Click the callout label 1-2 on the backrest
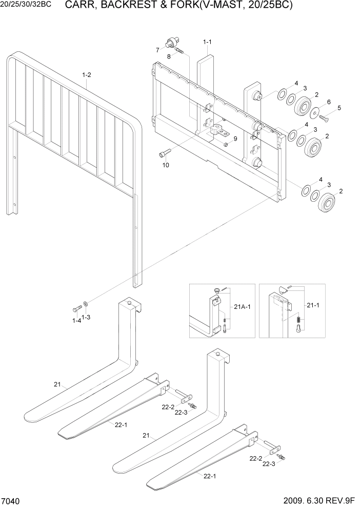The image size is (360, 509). pos(87,75)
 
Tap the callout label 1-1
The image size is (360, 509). pos(207,41)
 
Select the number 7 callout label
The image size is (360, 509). pos(157,50)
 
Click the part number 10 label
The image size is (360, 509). pos(166,165)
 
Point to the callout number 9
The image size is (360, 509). pos(235,139)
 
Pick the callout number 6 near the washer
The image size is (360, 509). pos(329,102)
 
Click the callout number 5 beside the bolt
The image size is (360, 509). pos(338,108)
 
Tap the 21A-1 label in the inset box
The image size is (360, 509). pos(242,306)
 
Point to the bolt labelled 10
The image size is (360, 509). pos(164,153)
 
